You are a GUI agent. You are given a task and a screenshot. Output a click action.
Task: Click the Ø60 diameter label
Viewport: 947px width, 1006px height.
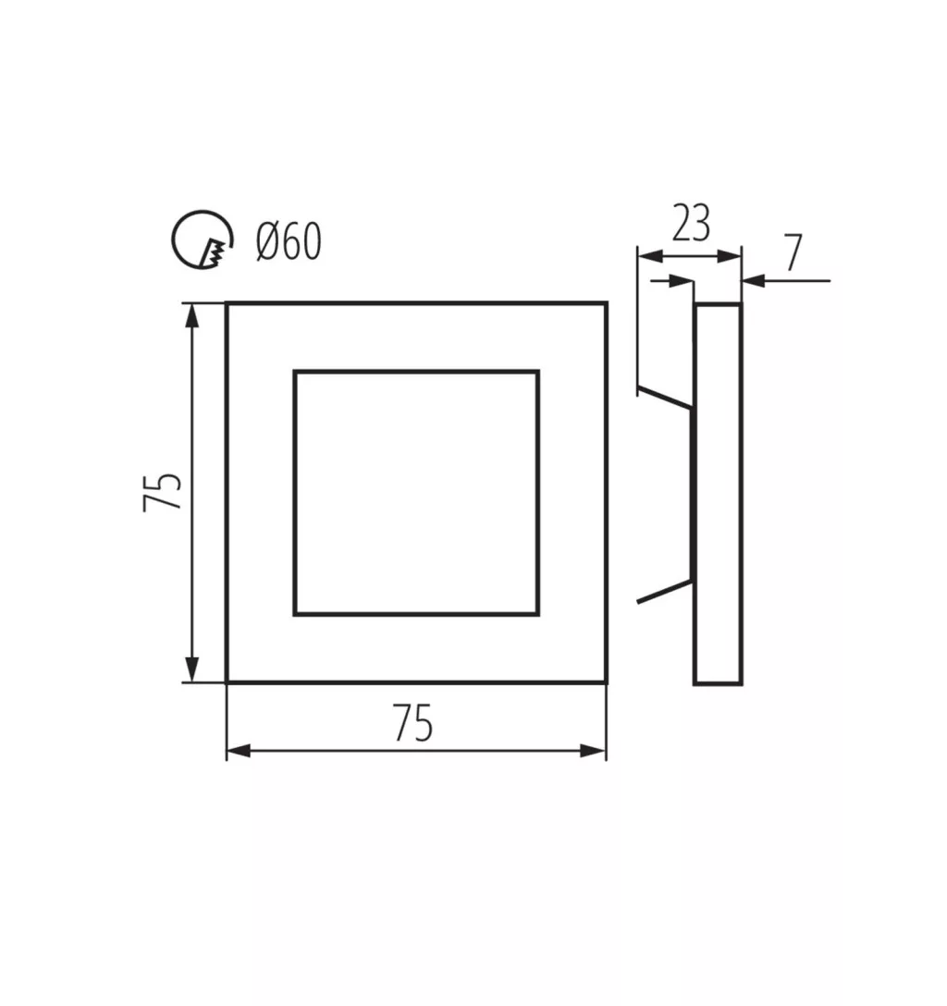[x=289, y=241]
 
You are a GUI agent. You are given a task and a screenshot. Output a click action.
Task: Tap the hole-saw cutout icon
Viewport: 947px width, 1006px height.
[x=202, y=240]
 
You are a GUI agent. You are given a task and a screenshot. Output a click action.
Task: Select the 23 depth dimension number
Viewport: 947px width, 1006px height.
[x=690, y=223]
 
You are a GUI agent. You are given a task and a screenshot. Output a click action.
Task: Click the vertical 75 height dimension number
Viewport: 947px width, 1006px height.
[x=162, y=492]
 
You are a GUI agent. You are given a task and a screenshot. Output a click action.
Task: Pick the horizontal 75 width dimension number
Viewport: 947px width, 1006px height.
[x=413, y=723]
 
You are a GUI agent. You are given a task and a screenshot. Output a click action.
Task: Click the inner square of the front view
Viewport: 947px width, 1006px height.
[x=416, y=371]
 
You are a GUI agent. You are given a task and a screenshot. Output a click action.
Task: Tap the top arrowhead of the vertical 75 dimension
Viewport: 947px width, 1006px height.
[x=191, y=316]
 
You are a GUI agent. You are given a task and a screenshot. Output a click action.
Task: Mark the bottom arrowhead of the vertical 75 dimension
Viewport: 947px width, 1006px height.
[x=191, y=669]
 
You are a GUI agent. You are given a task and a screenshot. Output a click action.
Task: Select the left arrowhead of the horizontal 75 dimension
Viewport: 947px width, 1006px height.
[x=240, y=751]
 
